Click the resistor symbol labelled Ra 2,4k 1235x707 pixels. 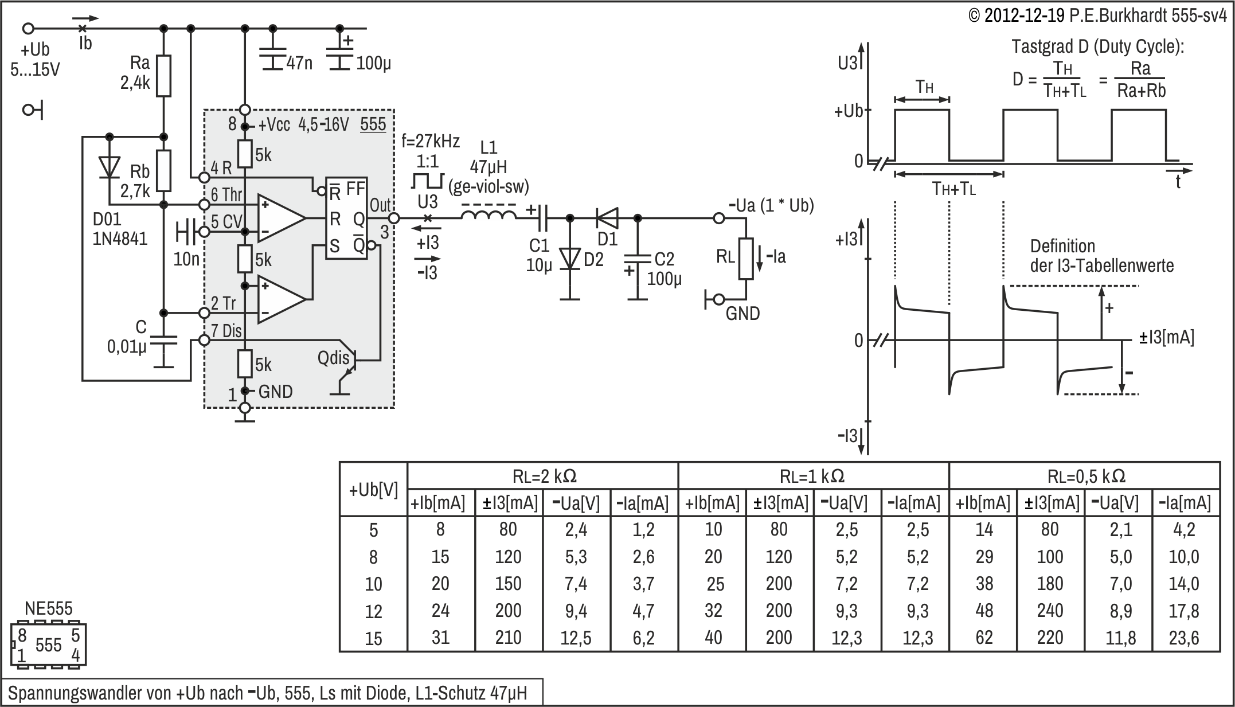pos(164,76)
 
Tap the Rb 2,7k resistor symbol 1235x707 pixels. pos(164,170)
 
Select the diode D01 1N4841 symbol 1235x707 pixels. pos(109,167)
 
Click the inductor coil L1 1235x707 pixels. pos(488,216)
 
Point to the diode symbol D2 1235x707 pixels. pos(570,259)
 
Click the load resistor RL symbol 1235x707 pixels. pos(745,259)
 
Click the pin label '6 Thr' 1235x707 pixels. pos(226,195)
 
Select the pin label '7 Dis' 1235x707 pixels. pos(226,331)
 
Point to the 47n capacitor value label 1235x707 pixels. pos(299,63)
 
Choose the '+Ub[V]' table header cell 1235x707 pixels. pos(373,490)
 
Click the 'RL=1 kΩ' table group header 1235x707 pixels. pos(812,476)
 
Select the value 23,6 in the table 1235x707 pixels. pos(1184,638)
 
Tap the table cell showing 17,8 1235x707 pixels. pos(1184,611)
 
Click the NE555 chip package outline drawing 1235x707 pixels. pos(48,644)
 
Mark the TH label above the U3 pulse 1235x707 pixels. pos(924,87)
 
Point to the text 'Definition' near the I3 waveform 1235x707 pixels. pos(1062,247)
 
